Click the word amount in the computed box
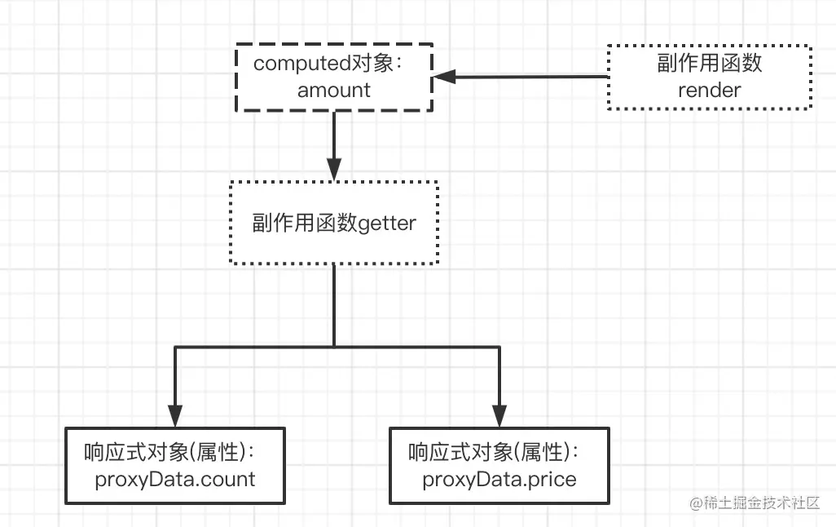[333, 90]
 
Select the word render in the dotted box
[709, 90]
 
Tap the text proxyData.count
[175, 479]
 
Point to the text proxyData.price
[499, 479]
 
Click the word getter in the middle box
[387, 223]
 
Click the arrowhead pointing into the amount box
[443, 77]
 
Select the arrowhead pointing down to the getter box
[334, 169]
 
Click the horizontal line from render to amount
[530, 77]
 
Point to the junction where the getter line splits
[334, 348]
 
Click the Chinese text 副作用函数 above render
[709, 64]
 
